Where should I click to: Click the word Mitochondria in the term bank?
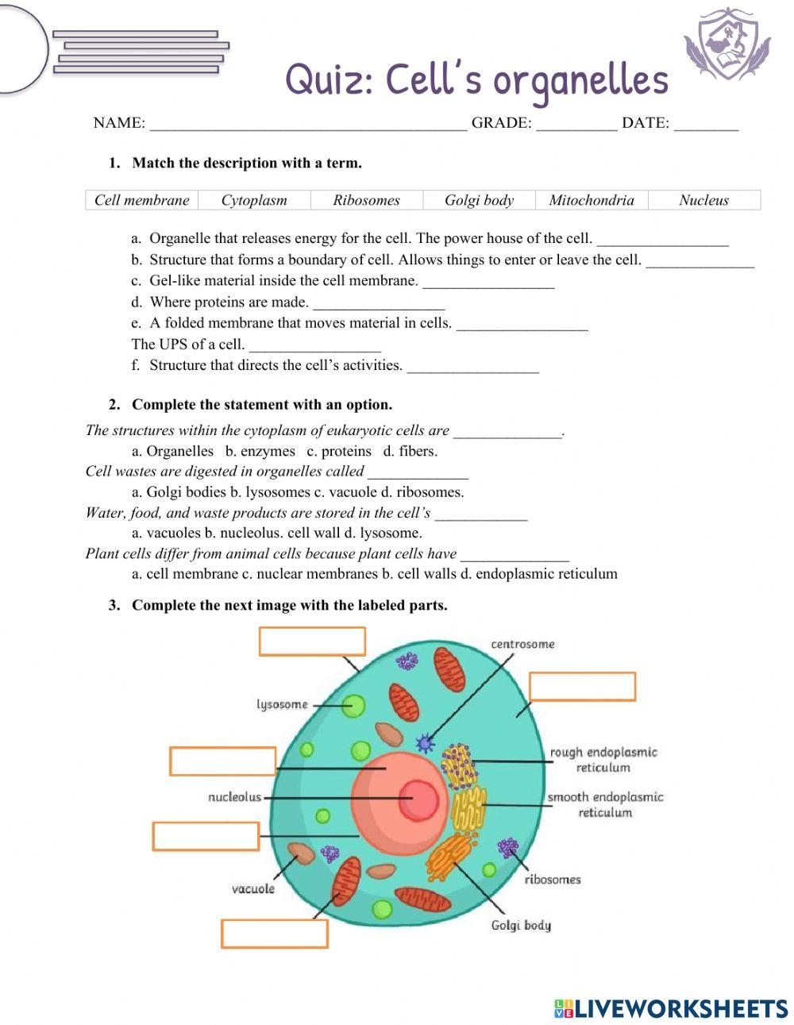pos(592,200)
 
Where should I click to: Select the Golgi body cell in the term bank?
pos(479,200)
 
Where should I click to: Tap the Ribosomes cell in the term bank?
pos(366,200)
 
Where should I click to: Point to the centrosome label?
pos(522,644)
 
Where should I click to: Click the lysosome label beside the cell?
pos(282,704)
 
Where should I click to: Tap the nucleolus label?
pos(234,796)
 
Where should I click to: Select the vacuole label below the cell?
pos(253,888)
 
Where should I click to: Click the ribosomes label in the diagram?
pos(553,879)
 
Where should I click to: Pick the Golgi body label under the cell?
pos(521,925)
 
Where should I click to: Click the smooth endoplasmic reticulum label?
pos(605,804)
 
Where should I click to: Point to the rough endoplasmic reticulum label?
pos(603,759)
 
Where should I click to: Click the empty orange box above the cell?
pos(312,641)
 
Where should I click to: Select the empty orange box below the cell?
pos(275,934)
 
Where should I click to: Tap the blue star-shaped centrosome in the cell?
pos(426,743)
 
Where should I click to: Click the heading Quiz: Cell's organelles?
pos(476,80)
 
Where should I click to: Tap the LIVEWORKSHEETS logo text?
pos(680,1008)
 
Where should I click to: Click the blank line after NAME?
pos(308,123)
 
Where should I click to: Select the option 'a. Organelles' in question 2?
pos(172,451)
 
